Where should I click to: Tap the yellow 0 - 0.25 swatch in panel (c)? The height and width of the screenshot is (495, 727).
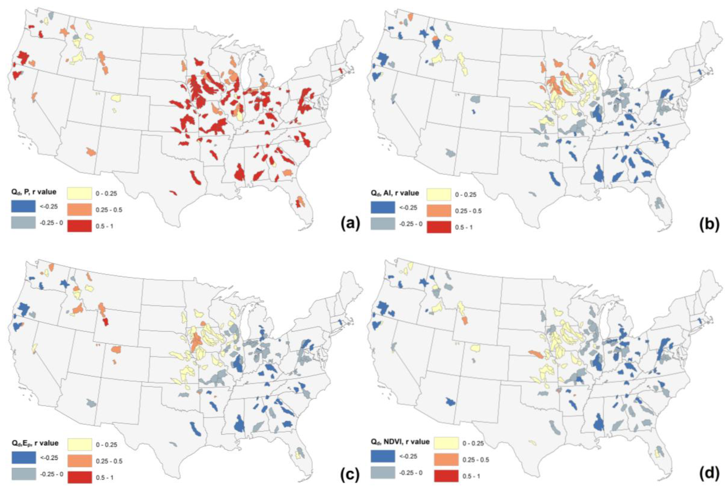[x=79, y=444]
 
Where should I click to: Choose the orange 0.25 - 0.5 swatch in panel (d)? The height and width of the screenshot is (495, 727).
[x=446, y=459]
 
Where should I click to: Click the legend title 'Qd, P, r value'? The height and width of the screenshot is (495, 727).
[x=34, y=192]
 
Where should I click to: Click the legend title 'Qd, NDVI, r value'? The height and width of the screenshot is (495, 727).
[x=400, y=442]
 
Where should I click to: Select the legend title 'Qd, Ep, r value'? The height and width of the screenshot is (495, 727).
[x=35, y=443]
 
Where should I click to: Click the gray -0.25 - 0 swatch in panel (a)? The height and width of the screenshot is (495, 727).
[x=23, y=223]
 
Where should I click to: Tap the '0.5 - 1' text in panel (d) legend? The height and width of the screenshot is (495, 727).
[x=471, y=476]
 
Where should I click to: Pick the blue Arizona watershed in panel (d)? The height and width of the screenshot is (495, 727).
[x=450, y=402]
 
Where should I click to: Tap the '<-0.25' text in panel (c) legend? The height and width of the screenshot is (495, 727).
[x=49, y=458]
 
